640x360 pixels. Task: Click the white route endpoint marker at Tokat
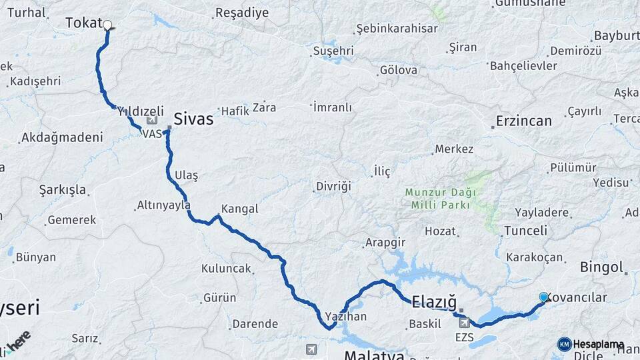click(x=107, y=25)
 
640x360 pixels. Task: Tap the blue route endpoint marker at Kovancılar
click(x=543, y=297)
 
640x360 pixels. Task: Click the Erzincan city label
click(x=524, y=121)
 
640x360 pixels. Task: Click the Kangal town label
click(x=239, y=209)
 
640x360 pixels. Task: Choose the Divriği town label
click(x=333, y=186)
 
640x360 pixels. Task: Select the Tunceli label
click(x=525, y=231)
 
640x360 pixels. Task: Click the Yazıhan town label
click(x=346, y=316)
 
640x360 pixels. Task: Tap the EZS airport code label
click(x=465, y=337)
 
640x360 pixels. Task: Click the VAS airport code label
click(x=152, y=133)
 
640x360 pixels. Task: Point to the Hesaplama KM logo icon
click(x=564, y=344)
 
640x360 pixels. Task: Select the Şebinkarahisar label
click(x=397, y=29)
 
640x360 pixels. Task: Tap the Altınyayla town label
click(x=163, y=205)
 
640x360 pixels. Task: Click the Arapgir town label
click(x=385, y=243)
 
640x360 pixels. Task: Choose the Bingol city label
click(x=602, y=268)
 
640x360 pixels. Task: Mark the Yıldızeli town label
click(x=141, y=111)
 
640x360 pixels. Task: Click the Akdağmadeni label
click(x=62, y=138)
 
